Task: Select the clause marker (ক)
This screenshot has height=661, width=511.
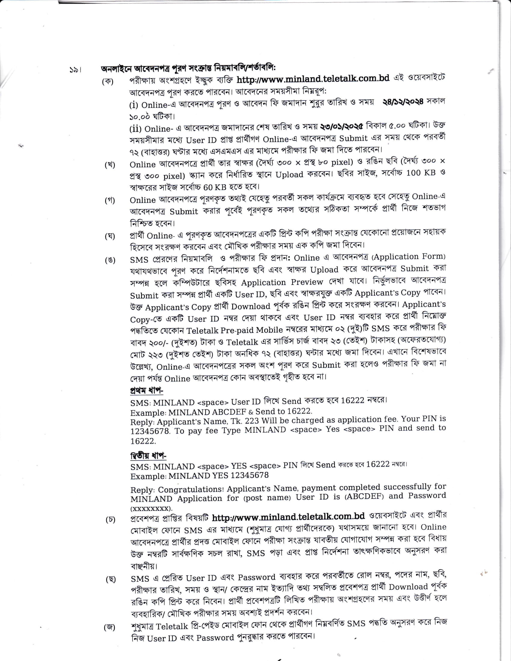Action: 108,81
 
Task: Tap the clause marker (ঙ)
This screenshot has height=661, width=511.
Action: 110,260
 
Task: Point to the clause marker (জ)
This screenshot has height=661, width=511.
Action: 110,627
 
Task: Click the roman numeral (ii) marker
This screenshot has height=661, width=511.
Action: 135,129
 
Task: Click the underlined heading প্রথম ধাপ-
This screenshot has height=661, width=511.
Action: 146,390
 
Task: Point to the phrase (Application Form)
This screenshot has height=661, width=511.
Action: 409,257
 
